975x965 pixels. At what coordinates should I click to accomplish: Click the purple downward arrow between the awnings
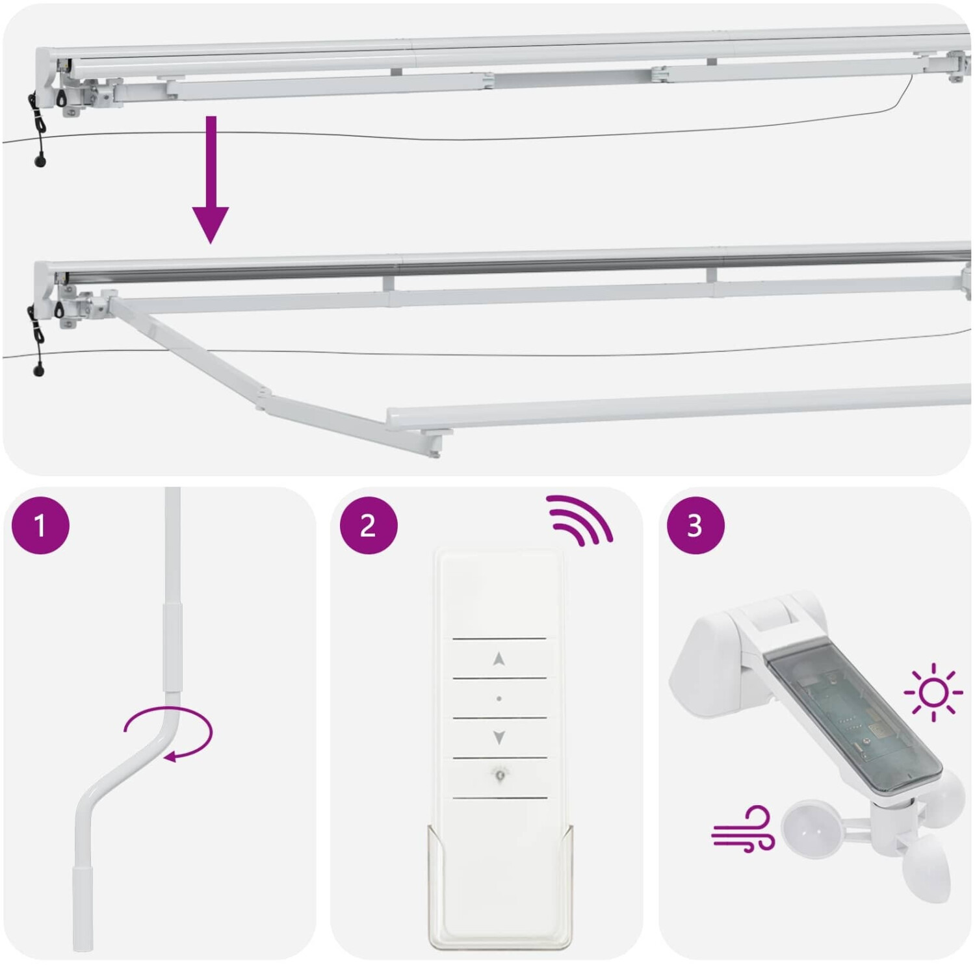click(x=210, y=180)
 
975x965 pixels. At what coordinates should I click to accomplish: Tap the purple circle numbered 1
click(x=40, y=525)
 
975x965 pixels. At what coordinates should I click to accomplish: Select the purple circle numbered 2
click(x=369, y=525)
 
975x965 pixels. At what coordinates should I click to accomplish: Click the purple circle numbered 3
click(x=695, y=525)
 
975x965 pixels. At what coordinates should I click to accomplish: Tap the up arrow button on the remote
click(x=499, y=659)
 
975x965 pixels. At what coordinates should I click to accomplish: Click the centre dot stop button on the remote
click(x=499, y=699)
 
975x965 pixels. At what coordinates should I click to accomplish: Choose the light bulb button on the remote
click(x=499, y=775)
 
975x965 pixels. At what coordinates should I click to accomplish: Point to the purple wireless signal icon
click(x=578, y=520)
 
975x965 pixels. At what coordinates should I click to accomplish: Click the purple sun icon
click(x=933, y=693)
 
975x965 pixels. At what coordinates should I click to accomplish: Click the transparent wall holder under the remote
click(x=500, y=887)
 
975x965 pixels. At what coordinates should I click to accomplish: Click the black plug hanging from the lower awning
click(x=38, y=371)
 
